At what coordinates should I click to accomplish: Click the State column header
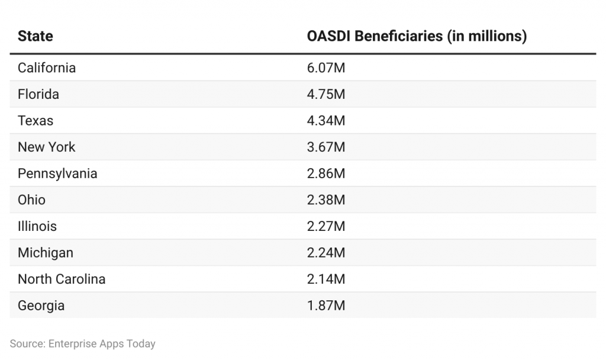pos(36,36)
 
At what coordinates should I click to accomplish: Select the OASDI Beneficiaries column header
pos(416,36)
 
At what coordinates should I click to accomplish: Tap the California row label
pos(47,67)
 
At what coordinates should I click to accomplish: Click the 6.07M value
pos(325,67)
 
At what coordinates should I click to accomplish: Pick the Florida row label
pos(38,94)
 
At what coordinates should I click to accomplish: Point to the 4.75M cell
pos(325,94)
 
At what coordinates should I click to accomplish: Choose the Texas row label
pos(36,121)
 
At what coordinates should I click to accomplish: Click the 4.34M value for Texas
pos(325,121)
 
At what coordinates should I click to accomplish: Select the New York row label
pos(47,147)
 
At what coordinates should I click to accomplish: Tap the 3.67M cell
pos(325,147)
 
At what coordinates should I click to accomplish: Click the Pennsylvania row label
pos(57,173)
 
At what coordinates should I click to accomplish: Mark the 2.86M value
pos(325,173)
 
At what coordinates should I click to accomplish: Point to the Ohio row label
pos(31,200)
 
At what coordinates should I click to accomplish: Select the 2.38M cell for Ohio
pos(325,200)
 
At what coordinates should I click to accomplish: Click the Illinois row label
pos(37,226)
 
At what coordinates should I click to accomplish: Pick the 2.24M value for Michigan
pos(325,253)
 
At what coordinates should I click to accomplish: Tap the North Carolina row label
pos(62,279)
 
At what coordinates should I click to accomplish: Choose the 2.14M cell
pos(325,279)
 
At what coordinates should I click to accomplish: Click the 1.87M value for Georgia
pos(325,306)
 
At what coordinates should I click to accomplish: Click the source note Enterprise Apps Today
pos(82,343)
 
